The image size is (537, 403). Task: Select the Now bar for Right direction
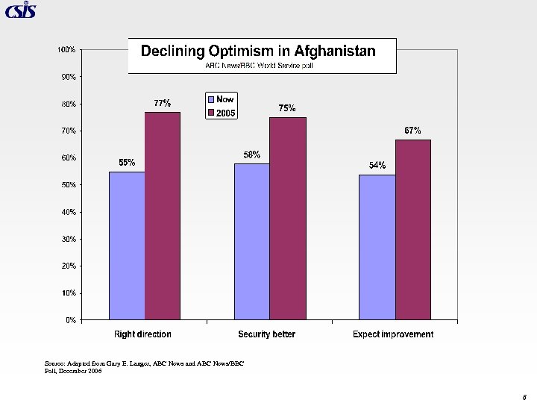pyautogui.click(x=127, y=246)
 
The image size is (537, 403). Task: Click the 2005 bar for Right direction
pyautogui.click(x=163, y=216)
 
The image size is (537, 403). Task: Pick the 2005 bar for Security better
pyautogui.click(x=288, y=219)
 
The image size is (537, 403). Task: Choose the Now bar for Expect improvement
pyautogui.click(x=377, y=247)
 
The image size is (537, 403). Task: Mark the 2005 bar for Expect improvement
pyautogui.click(x=413, y=229)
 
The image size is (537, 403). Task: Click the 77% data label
pyautogui.click(x=163, y=103)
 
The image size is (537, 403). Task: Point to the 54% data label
pyautogui.click(x=377, y=166)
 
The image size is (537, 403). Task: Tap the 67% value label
pyautogui.click(x=413, y=131)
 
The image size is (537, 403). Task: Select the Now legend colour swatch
pyautogui.click(x=211, y=99)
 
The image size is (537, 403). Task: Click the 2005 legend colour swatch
pyautogui.click(x=211, y=113)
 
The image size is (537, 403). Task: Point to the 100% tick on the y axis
pyautogui.click(x=66, y=49)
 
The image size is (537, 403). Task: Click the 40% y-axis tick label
pyautogui.click(x=67, y=212)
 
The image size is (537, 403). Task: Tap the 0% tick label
pyautogui.click(x=69, y=320)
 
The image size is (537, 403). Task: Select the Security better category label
pyautogui.click(x=266, y=334)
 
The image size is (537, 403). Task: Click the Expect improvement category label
pyautogui.click(x=393, y=334)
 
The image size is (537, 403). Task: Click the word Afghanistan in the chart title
pyautogui.click(x=335, y=51)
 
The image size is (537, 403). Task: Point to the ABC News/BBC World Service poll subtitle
pyautogui.click(x=262, y=66)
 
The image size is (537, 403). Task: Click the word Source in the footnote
pyautogui.click(x=54, y=363)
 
